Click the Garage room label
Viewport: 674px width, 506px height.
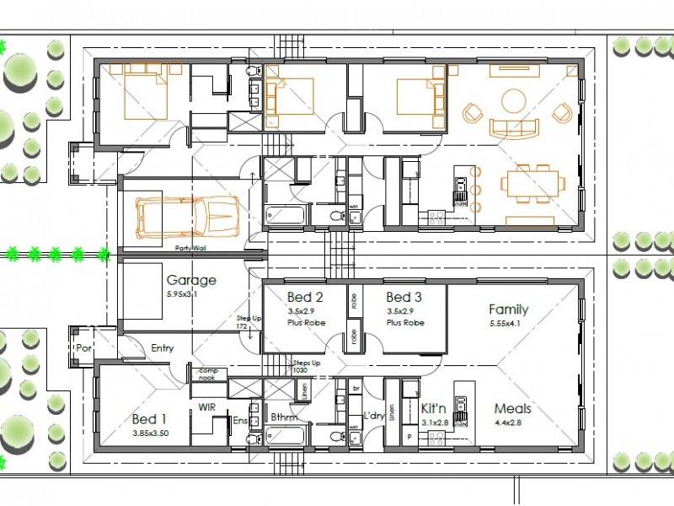tap(190, 280)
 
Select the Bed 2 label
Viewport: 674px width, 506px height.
tap(305, 297)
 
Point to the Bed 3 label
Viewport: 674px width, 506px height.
tap(404, 297)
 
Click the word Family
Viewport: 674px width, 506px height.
tap(508, 310)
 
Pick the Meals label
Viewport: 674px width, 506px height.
tap(512, 409)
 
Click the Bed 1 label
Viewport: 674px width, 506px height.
tap(150, 419)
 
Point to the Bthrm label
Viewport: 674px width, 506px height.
tap(285, 417)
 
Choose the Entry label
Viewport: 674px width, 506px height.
tap(163, 347)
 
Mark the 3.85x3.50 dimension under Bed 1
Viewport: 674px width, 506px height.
tap(150, 433)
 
